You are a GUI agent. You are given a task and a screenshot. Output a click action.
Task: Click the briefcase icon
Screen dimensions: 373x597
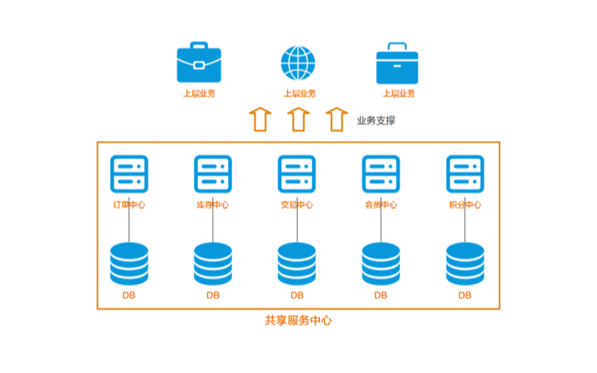(199, 63)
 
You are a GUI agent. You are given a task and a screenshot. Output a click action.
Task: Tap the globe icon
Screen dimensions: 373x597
(298, 63)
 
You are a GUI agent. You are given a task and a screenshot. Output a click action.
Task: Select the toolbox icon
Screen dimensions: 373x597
(397, 64)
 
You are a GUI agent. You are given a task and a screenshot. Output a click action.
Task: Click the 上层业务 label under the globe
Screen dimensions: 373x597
(299, 94)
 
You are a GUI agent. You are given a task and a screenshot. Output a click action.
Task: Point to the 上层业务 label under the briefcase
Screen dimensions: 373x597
(199, 94)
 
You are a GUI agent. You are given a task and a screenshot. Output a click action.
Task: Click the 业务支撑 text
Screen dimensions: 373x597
(376, 120)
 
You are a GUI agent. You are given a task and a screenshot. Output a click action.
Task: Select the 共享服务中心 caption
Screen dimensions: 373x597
(298, 320)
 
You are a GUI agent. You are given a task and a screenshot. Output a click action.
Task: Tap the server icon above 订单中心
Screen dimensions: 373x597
(129, 174)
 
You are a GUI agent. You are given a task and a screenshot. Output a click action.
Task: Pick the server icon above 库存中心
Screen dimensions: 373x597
(213, 174)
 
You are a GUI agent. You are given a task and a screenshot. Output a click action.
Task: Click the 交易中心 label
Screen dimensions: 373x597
(297, 205)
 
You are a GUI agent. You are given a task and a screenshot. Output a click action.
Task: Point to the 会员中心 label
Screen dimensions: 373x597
(381, 205)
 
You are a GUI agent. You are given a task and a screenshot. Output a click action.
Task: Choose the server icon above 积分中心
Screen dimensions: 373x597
(465, 174)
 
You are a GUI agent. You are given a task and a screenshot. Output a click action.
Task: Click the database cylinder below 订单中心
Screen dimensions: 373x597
(129, 264)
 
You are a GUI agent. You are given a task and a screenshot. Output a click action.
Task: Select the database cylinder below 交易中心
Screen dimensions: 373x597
(297, 264)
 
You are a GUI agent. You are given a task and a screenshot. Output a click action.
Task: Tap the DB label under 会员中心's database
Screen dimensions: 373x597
(381, 295)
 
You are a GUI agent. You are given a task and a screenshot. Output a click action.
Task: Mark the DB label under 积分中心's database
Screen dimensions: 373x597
(465, 295)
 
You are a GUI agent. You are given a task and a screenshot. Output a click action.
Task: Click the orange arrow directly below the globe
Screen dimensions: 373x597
(298, 119)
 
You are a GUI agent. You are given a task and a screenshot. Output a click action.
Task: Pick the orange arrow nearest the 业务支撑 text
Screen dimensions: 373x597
(336, 119)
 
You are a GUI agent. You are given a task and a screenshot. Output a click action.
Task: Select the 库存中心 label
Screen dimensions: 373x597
(213, 205)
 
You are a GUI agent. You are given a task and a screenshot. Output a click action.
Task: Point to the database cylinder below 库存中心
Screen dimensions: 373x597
(213, 264)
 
